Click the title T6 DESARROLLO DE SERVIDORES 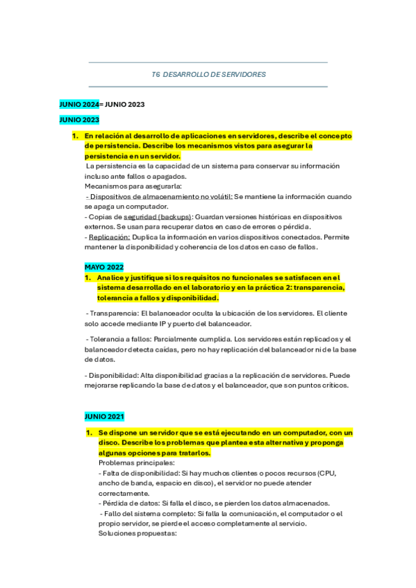208,74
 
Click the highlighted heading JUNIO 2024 79,104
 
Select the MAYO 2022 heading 104,266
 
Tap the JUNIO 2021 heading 104,416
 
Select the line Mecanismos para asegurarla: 133,186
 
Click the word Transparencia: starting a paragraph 113,313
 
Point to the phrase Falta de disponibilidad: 144,473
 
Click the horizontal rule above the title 208,62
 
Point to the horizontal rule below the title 208,87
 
